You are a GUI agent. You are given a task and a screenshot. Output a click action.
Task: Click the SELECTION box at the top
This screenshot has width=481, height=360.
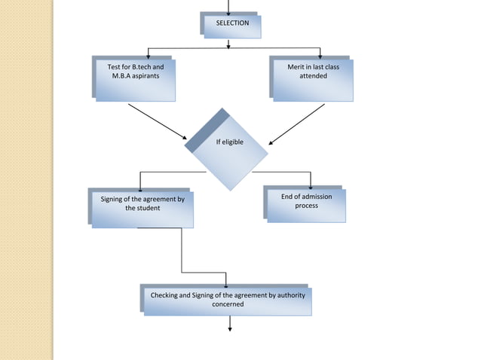point(232,25)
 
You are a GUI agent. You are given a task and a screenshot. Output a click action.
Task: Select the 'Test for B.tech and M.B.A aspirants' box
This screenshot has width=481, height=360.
point(135,78)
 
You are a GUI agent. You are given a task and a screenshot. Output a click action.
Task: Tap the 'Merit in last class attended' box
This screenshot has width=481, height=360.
point(312,78)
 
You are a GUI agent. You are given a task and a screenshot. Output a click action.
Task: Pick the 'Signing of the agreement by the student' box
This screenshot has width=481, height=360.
point(142,209)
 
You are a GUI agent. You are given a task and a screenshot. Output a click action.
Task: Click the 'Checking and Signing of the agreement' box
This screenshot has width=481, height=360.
point(228,300)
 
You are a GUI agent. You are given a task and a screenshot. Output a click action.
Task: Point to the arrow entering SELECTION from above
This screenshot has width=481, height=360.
point(228,6)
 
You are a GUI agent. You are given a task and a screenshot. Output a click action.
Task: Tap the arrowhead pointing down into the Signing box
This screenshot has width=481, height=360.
point(140,187)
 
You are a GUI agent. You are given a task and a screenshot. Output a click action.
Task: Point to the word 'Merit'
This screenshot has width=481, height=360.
point(296,68)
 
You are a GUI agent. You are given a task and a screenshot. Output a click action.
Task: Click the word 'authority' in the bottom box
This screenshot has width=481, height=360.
point(287,295)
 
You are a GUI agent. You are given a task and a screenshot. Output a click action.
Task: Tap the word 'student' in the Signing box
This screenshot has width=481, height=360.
point(147,208)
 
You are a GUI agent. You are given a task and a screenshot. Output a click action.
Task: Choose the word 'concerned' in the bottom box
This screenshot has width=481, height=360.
point(228,304)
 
